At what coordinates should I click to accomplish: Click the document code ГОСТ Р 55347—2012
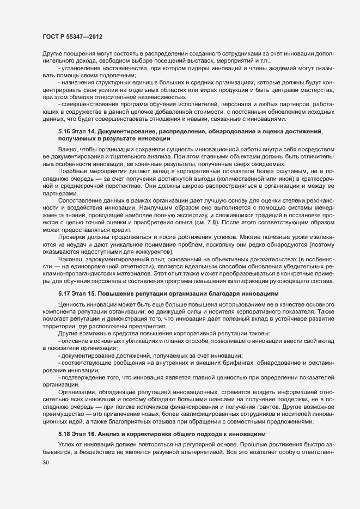point(71,35)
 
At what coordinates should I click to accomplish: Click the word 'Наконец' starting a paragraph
point(70,262)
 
